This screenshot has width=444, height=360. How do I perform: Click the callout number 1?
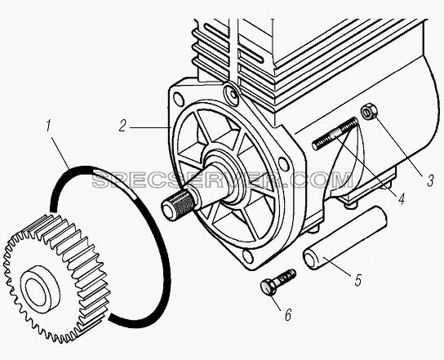(x=48, y=126)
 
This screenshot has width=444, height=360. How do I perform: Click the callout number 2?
(x=122, y=126)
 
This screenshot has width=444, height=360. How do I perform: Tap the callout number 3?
(x=430, y=180)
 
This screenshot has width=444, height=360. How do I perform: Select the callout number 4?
(x=401, y=199)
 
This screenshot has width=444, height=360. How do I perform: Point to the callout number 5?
(x=358, y=280)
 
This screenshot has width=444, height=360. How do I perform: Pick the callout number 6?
(x=288, y=314)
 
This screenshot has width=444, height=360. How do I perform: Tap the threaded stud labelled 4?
(x=335, y=134)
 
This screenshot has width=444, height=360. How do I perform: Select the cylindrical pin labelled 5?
(x=344, y=238)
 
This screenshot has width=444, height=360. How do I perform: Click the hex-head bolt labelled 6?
(x=278, y=281)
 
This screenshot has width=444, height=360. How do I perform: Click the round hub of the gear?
(x=41, y=289)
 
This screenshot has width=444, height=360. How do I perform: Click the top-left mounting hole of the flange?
(x=179, y=99)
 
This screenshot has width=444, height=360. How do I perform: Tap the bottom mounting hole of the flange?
(x=248, y=256)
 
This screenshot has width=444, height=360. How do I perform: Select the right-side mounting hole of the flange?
(x=283, y=163)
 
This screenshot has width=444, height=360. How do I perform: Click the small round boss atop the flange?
(x=231, y=92)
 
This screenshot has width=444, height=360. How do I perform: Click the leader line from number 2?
(x=151, y=127)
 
